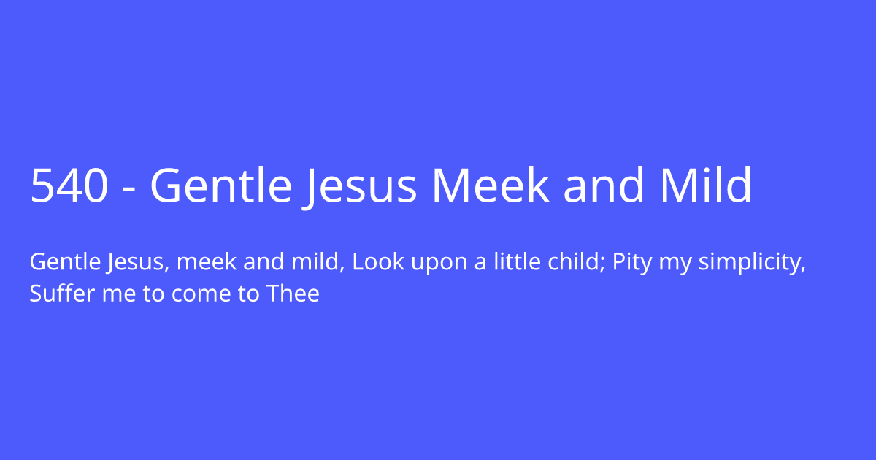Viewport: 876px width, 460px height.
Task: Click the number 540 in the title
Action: tap(69, 186)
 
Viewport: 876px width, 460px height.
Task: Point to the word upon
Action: tap(430, 263)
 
